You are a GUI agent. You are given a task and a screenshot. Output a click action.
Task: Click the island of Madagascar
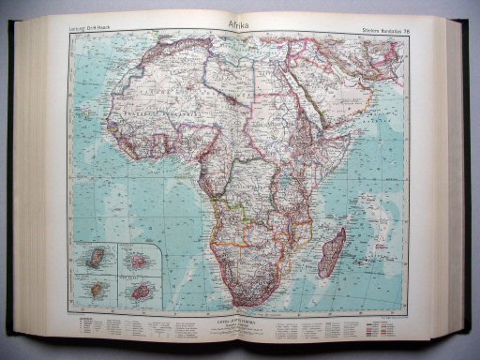click(x=332, y=253)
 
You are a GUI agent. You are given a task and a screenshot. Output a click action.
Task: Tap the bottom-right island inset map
click(x=141, y=291)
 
